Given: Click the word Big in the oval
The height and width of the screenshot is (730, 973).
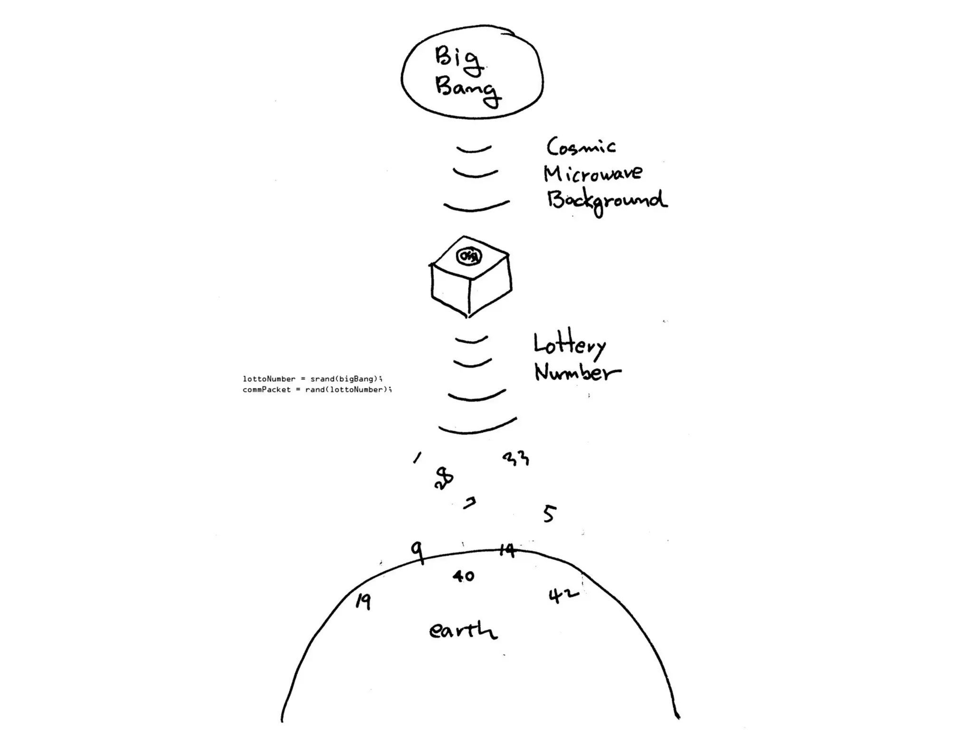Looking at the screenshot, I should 458,59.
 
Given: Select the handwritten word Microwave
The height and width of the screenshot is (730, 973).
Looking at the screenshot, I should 592,173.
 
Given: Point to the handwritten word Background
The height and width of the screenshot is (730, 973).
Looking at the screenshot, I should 607,201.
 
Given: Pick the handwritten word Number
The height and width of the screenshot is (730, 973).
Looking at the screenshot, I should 577,372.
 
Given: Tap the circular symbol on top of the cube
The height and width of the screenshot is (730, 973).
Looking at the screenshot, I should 469,256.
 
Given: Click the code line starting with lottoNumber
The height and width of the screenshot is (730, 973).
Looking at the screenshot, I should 312,379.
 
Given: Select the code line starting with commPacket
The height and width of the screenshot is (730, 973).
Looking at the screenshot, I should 317,390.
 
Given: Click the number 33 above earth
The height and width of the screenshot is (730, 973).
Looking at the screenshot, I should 515,459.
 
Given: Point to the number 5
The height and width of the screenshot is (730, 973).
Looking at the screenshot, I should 549,514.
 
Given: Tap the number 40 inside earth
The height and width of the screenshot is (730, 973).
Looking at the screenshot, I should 463,576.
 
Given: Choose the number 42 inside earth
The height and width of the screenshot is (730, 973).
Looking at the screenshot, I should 563,595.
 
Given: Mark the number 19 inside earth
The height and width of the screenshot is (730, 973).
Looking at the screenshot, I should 363,602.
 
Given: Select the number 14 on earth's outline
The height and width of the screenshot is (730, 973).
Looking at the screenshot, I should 507,550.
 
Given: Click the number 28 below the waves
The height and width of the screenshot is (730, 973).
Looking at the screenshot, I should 444,478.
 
